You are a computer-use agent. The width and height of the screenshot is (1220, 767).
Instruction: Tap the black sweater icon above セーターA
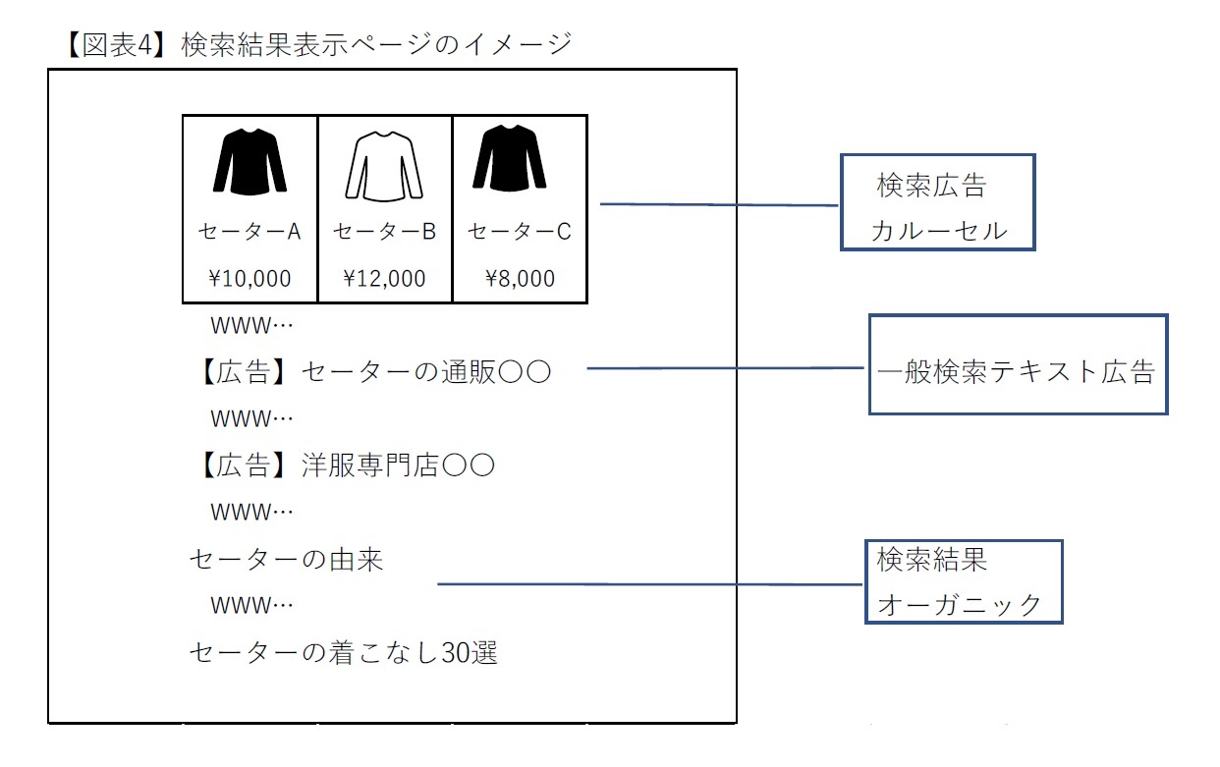250,161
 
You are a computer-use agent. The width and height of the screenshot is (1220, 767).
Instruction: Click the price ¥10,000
250,279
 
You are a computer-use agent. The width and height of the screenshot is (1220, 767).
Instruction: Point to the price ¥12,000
384,279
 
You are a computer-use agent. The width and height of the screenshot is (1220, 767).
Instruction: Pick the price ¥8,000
520,279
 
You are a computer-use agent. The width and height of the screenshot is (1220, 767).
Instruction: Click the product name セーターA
250,232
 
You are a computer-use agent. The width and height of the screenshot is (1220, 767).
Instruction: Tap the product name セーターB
384,232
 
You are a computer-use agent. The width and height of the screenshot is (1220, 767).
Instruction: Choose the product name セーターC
519,232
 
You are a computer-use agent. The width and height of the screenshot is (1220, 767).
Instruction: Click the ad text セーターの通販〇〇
425,372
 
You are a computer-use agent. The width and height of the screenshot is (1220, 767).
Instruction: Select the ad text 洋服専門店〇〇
397,465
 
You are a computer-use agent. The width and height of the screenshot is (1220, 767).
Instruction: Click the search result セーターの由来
286,560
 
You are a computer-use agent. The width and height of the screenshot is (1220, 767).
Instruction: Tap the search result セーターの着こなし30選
343,652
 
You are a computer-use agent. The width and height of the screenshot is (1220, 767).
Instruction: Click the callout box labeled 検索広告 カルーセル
938,202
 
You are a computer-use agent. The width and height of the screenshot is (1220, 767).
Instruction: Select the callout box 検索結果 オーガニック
964,581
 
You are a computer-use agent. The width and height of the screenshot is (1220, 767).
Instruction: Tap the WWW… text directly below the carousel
252,325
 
